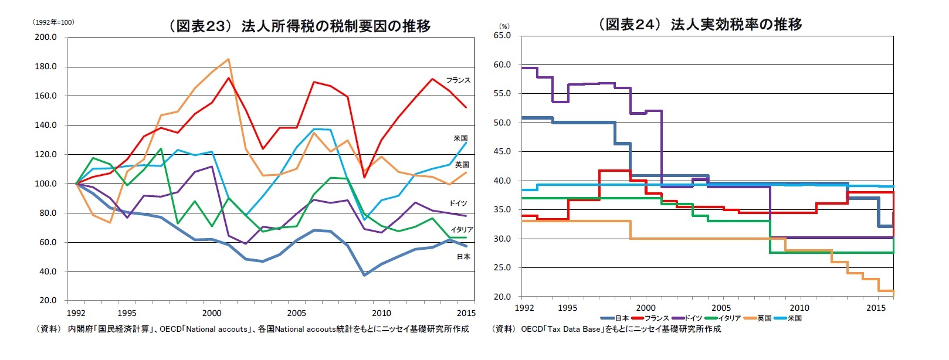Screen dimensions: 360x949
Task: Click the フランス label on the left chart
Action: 457,80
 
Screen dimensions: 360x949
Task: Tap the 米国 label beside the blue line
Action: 460,138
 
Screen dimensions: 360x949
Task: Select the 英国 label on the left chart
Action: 462,165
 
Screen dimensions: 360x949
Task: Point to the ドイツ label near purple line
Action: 458,203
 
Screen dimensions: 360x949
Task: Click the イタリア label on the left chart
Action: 462,230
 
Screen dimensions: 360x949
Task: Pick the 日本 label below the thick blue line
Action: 463,257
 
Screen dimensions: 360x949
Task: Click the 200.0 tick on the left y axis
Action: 46,37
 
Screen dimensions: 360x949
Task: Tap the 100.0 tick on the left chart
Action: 46,184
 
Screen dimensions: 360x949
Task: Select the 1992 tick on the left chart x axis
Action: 76,313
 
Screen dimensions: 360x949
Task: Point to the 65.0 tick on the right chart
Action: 501,35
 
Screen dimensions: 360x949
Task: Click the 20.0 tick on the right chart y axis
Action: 501,297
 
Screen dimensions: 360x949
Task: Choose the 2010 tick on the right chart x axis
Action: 799,308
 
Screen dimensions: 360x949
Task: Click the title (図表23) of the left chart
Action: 299,26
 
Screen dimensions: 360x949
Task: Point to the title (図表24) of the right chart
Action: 699,24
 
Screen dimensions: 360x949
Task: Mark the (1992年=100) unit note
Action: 53,22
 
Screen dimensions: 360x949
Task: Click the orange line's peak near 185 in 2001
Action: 228,59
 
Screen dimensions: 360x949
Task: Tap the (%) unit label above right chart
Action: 504,26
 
